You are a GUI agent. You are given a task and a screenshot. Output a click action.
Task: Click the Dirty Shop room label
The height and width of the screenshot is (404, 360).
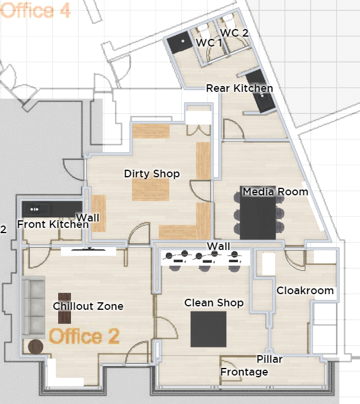click(x=152, y=174)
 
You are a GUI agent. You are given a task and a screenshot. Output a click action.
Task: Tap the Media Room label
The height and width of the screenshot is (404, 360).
click(x=275, y=192)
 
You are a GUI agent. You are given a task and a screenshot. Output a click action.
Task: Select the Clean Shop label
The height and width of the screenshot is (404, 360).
click(x=214, y=303)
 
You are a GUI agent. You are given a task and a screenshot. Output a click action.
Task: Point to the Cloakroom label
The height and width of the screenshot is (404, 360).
click(x=305, y=291)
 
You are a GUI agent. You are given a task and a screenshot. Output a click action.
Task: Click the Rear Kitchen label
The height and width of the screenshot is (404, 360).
click(x=240, y=88)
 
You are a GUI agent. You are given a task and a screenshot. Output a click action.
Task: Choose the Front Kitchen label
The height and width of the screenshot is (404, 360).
click(x=53, y=224)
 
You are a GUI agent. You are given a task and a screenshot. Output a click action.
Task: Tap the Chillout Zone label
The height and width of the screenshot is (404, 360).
click(x=88, y=306)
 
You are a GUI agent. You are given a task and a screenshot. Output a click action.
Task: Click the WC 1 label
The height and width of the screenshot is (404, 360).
click(x=209, y=43)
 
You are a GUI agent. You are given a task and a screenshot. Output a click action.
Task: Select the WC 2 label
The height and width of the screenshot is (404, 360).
click(x=234, y=33)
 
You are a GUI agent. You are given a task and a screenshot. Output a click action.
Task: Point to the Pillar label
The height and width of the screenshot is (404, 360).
click(x=269, y=359)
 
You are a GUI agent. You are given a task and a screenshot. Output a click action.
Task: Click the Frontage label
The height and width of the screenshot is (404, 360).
click(x=244, y=372)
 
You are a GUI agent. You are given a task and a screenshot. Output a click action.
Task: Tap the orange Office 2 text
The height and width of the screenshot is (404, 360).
click(x=84, y=336)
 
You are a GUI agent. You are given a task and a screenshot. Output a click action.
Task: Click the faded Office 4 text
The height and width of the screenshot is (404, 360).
click(x=35, y=10)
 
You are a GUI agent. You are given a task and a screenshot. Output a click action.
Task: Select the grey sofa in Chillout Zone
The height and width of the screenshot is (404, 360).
click(x=34, y=307)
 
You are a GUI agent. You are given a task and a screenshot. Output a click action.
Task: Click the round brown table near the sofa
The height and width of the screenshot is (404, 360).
click(x=35, y=347)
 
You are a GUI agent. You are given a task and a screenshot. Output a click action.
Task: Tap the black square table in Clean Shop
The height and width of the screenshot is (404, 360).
click(x=208, y=329)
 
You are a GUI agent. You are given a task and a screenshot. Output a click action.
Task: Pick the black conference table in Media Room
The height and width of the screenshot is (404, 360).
click(x=258, y=213)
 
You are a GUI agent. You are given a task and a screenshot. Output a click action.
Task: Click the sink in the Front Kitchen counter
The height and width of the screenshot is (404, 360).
click(x=35, y=209)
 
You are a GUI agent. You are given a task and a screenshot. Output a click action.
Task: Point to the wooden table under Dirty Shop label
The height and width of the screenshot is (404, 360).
click(x=151, y=190)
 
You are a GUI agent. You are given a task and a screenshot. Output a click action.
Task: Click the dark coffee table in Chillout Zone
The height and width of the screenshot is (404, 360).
click(x=65, y=309)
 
